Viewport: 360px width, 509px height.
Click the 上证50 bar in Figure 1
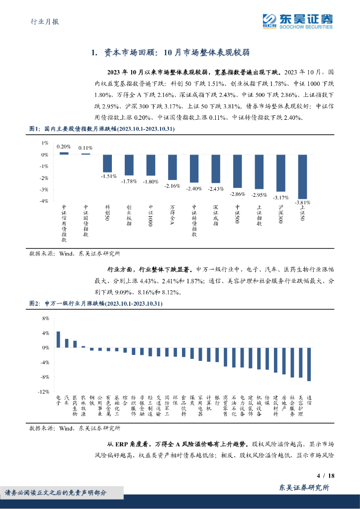[302, 176]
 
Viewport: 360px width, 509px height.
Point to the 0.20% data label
[64, 147]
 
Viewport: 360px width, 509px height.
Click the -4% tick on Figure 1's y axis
[44, 201]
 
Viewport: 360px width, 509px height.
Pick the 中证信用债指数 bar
[64, 153]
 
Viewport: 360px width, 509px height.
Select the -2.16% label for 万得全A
[172, 185]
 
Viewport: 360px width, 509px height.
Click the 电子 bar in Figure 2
[58, 339]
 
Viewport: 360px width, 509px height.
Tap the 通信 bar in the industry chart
[309, 364]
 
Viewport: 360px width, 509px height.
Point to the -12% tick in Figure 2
[43, 392]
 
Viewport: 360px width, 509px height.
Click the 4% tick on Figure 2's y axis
[45, 333]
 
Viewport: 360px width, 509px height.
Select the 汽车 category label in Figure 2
[67, 400]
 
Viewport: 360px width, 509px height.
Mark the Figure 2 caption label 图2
[35, 303]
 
